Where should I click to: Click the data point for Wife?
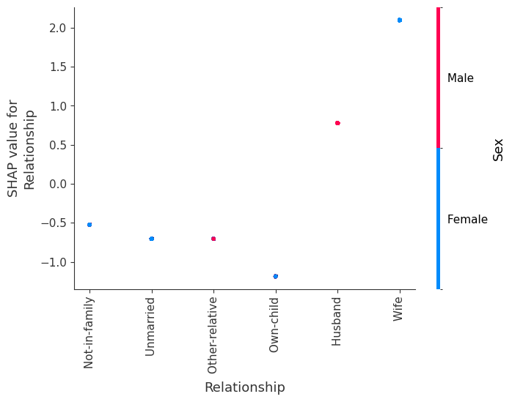[x=399, y=20]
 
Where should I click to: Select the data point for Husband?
[x=337, y=123]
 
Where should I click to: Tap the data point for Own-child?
[x=275, y=276]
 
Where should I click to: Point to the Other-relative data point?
[x=213, y=239]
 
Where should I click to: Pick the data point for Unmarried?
[x=151, y=239]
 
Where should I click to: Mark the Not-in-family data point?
[x=89, y=225]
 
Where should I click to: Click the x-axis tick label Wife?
[x=399, y=308]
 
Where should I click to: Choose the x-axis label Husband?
[x=337, y=321]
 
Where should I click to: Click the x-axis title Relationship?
[x=244, y=387]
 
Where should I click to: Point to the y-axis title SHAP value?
[x=21, y=149]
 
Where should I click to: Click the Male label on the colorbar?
[x=461, y=78]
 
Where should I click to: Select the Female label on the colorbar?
[x=467, y=220]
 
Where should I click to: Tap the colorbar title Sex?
[x=499, y=149]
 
